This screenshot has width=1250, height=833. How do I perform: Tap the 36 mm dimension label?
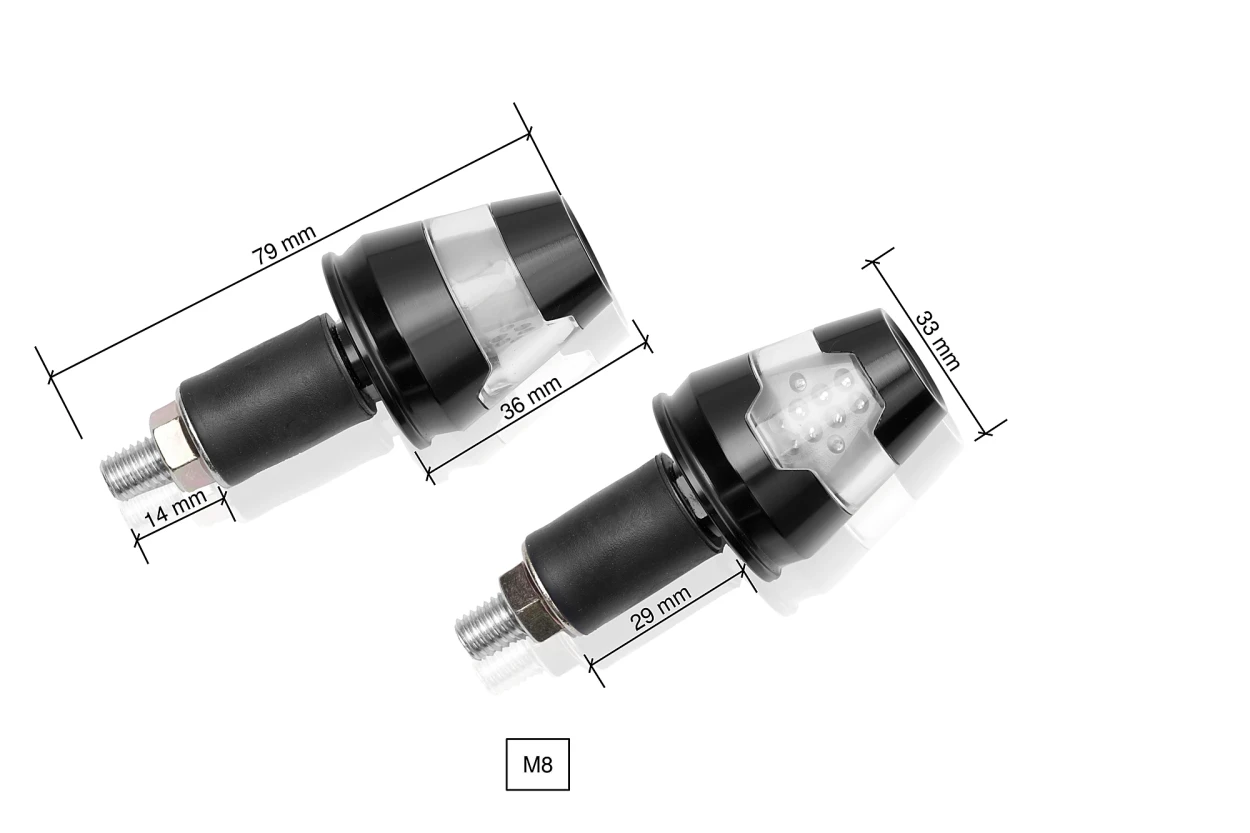pyautogui.click(x=531, y=399)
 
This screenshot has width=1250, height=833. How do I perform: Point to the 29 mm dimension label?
pyautogui.click(x=661, y=607)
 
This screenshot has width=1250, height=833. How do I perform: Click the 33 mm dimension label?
pyautogui.click(x=937, y=340)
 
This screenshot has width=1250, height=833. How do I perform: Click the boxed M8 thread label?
pyautogui.click(x=537, y=765)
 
